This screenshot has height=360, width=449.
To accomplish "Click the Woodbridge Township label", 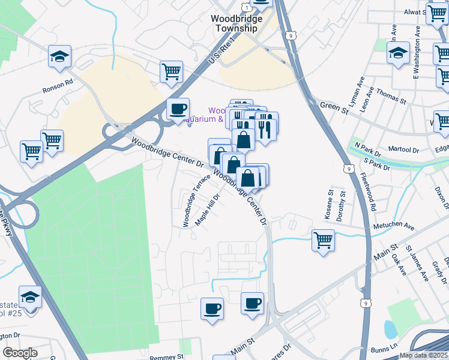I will (237, 23).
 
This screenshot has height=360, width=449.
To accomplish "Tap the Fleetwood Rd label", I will (369, 192).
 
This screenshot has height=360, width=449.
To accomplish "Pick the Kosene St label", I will (330, 205).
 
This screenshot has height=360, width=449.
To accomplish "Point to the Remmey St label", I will (166, 356).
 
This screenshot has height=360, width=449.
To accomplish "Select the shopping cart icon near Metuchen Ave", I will (323, 240).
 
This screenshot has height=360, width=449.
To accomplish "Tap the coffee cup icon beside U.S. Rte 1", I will (178, 109).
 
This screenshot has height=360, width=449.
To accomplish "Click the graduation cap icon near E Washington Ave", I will (397, 52).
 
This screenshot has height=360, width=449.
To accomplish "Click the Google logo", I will (20, 353).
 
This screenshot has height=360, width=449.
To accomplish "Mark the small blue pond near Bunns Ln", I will (390, 329).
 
